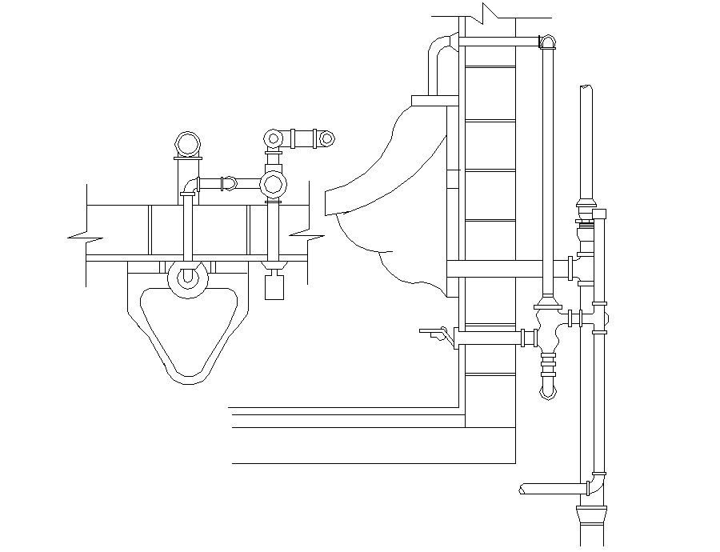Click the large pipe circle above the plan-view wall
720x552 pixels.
(x=189, y=144)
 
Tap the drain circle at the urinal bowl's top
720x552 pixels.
(x=188, y=277)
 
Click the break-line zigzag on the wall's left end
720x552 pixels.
(x=86, y=237)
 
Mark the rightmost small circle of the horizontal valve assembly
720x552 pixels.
(x=327, y=138)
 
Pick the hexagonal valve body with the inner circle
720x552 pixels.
(x=274, y=185)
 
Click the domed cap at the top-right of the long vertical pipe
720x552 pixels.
(x=548, y=42)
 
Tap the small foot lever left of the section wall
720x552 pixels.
(x=434, y=330)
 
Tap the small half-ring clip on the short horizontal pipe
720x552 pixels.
(x=231, y=183)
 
